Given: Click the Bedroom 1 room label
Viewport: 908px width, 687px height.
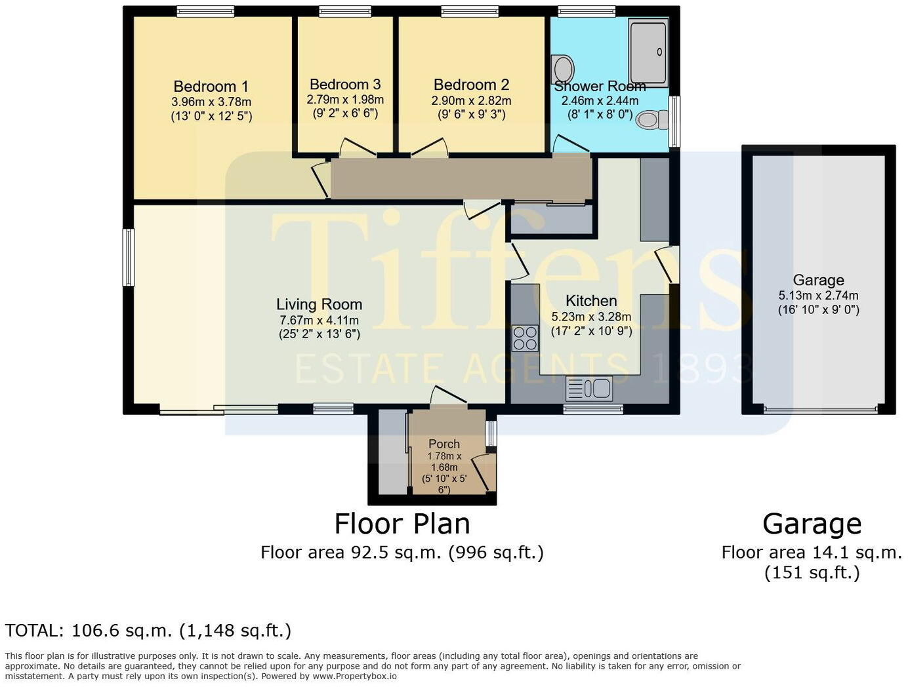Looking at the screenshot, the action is [x=211, y=87].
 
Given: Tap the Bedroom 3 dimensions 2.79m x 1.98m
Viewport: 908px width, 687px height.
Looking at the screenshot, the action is [x=345, y=100].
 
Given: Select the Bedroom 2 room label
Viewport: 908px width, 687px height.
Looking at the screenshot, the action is [x=471, y=85].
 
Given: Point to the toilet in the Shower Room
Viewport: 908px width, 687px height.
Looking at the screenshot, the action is [x=652, y=119].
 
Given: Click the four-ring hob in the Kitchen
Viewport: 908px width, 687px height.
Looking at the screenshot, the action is [x=525, y=338].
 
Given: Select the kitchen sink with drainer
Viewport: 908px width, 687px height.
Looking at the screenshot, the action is [x=589, y=389].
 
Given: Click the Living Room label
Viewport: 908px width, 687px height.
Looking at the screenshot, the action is [x=319, y=305].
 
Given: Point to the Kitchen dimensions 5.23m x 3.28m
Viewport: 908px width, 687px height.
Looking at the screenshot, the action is [x=591, y=317].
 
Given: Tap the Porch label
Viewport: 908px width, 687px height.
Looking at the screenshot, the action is [x=444, y=444].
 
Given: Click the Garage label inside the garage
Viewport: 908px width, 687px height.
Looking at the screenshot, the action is [x=818, y=281].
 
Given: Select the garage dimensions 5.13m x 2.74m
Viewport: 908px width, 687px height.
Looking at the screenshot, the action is [x=818, y=296].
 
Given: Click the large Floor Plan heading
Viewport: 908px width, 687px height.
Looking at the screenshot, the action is [x=402, y=524].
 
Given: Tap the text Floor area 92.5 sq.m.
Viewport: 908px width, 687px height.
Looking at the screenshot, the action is [x=351, y=553].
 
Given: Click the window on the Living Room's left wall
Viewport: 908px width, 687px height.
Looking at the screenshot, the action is [x=129, y=257].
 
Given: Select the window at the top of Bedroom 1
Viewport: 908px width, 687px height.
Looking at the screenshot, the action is [x=205, y=11].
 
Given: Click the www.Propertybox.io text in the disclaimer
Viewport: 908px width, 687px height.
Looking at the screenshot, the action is [x=354, y=677].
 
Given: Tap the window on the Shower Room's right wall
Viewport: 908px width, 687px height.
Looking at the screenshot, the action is [x=674, y=121].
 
